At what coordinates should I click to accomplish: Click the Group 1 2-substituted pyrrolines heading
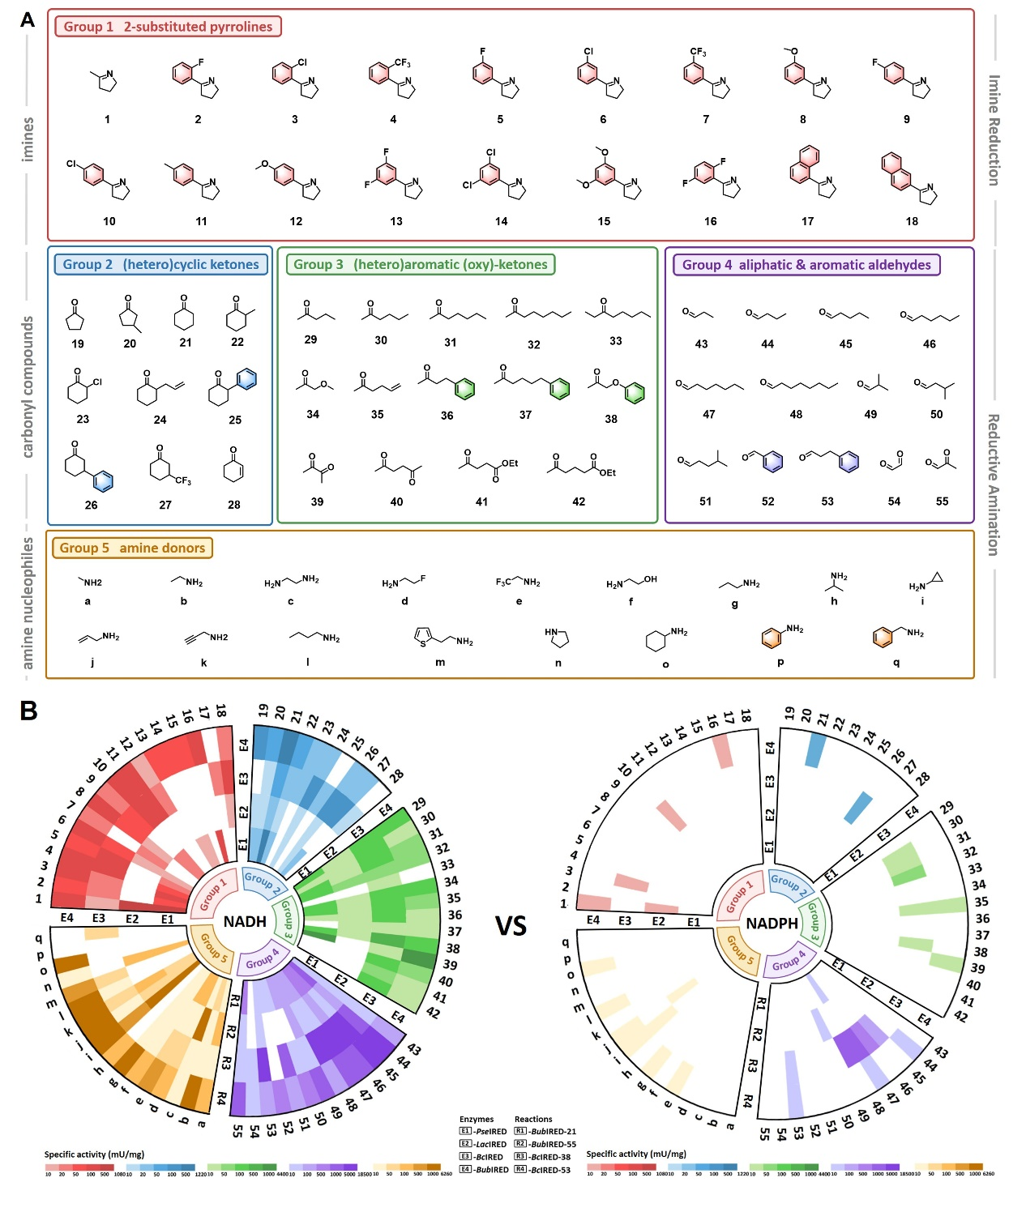(x=168, y=27)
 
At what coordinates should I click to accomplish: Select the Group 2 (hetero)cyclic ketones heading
(x=160, y=264)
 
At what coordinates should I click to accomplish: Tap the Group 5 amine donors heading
(x=132, y=548)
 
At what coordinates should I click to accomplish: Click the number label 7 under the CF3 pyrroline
(x=706, y=119)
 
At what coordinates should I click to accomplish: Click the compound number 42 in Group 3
(x=579, y=501)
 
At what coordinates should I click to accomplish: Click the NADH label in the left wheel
(x=245, y=921)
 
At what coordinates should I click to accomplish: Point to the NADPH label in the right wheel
(x=772, y=923)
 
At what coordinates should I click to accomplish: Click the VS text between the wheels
(x=511, y=925)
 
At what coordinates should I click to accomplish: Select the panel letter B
(x=29, y=711)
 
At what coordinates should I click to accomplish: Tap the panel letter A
(x=28, y=20)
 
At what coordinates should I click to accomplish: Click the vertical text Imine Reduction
(x=994, y=130)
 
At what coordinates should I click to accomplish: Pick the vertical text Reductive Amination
(x=994, y=484)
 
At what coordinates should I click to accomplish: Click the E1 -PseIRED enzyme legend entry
(x=484, y=1131)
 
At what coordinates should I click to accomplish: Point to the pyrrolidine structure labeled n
(x=557, y=638)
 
